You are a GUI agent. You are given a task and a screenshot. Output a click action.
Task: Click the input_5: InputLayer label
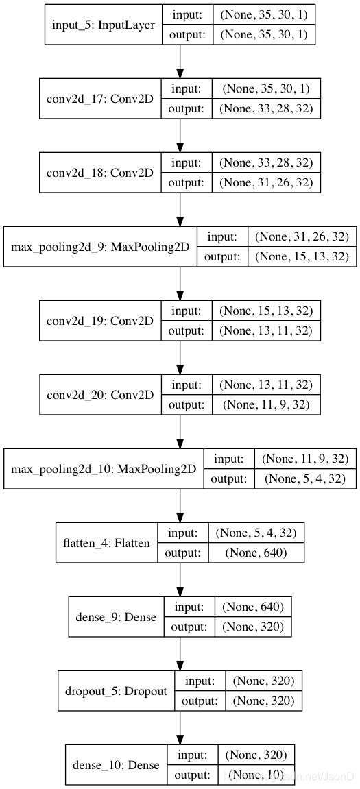(104, 25)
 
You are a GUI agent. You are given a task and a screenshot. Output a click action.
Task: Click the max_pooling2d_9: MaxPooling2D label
(100, 247)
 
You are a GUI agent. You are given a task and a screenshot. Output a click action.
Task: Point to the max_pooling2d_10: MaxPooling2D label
(104, 469)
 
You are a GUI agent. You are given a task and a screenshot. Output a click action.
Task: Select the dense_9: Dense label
(117, 617)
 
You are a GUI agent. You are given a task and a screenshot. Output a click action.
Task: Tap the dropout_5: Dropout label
(116, 692)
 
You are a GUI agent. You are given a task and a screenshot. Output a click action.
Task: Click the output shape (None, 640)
(256, 553)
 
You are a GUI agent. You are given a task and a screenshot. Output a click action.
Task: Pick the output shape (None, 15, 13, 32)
(302, 256)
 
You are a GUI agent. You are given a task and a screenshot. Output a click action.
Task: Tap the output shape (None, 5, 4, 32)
(305, 479)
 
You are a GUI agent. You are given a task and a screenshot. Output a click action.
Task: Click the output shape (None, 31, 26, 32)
(266, 182)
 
